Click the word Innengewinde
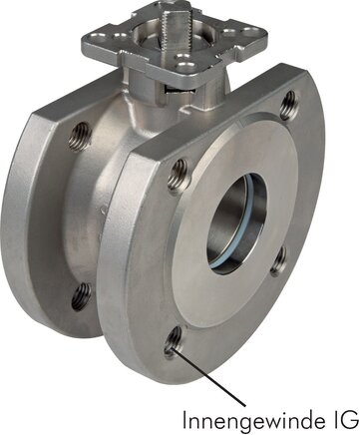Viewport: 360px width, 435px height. coord(251,420)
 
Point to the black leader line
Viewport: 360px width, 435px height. coord(211,377)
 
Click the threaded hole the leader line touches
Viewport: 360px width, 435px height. coord(174,341)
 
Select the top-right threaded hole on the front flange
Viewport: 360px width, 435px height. coord(288,105)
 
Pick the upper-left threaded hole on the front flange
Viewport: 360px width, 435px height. coord(179,176)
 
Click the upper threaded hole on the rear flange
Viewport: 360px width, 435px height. coord(81,137)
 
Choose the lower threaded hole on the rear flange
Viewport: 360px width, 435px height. coord(81,296)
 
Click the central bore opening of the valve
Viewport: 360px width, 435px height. coord(236,223)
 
